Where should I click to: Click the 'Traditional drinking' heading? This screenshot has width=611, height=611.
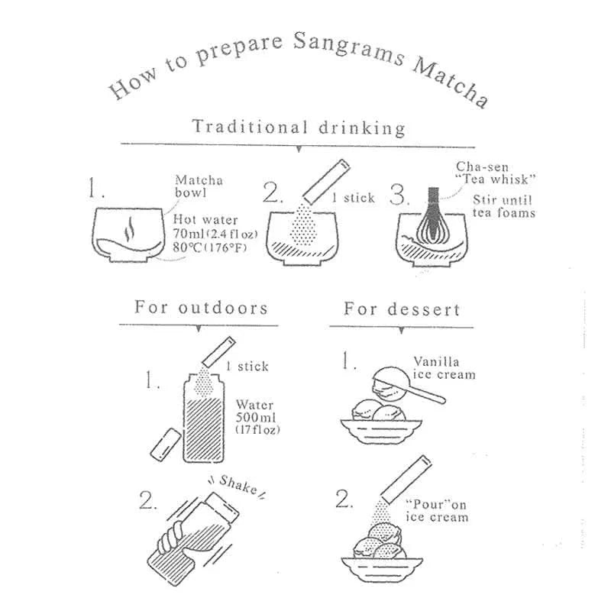tap(299, 128)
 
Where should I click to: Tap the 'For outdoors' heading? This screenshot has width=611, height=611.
tap(201, 307)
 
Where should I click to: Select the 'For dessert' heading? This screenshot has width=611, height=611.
tap(402, 309)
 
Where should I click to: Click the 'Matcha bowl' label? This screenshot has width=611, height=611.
tap(199, 186)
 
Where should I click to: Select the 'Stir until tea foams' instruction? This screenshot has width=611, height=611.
tap(504, 206)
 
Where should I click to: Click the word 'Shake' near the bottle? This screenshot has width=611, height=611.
tap(238, 486)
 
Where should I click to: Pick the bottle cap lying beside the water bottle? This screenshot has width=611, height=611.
tap(166, 445)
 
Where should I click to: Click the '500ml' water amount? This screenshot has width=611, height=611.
tap(256, 417)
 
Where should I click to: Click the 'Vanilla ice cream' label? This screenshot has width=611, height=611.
tap(445, 368)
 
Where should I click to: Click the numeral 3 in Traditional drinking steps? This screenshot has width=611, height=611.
tap(397, 194)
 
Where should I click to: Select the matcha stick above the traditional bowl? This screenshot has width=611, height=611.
tap(327, 181)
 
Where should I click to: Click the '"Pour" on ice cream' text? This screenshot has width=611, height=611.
tap(437, 510)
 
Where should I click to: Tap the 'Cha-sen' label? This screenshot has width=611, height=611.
tap(483, 166)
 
